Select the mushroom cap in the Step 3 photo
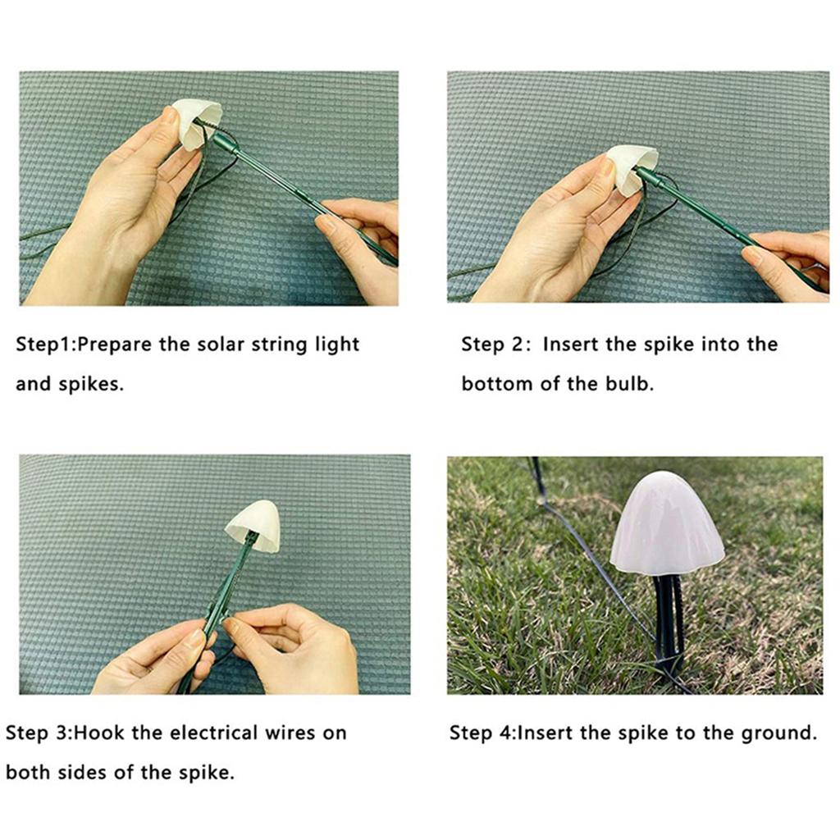[253, 527]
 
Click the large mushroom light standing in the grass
[666, 525]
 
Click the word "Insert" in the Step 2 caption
[571, 344]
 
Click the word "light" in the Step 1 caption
[337, 344]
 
